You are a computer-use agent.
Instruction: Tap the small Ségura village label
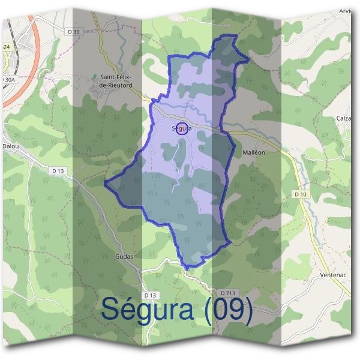(x=181, y=128)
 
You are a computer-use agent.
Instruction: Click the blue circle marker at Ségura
(x=183, y=129)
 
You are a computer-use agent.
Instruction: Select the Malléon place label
(x=254, y=153)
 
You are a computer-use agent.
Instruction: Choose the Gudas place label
(x=124, y=256)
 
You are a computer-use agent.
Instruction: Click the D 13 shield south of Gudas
(x=150, y=295)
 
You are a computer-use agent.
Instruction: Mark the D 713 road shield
(x=227, y=293)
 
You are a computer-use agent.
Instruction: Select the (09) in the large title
(x=228, y=310)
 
